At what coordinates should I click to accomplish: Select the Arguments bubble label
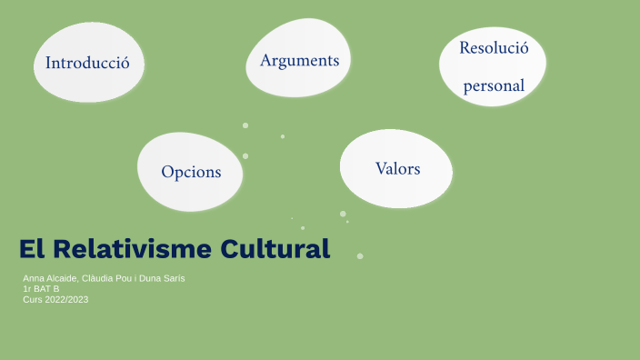click(299, 60)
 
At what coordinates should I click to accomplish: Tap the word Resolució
click(494, 48)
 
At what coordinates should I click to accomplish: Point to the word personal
click(494, 86)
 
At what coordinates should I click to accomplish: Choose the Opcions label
click(191, 171)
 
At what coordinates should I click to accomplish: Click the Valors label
click(397, 168)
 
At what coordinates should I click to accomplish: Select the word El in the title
click(32, 248)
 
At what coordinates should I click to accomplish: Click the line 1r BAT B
click(41, 288)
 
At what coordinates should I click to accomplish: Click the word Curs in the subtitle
click(32, 299)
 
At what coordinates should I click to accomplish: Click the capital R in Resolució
click(465, 48)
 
